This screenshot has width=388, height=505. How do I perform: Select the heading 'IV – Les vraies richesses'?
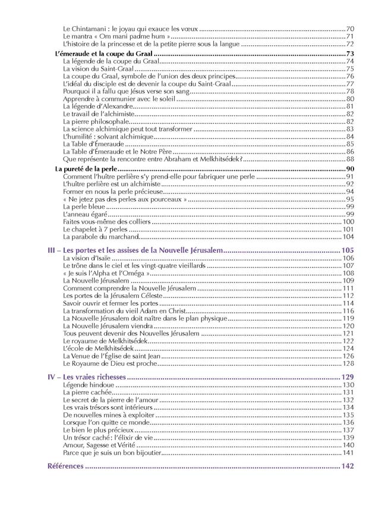pos(86,378)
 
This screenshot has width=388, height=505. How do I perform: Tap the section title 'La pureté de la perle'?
pos(80,169)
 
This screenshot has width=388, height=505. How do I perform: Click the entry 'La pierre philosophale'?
pos(95,122)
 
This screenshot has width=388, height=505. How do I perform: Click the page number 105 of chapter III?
pos(348,250)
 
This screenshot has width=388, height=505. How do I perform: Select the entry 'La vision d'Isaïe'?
pos(87,259)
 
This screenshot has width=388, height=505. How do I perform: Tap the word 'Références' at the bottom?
pos(65,466)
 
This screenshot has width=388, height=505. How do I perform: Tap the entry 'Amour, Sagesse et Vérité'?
pos(99,445)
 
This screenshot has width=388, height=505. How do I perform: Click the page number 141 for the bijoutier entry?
pos(348,453)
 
